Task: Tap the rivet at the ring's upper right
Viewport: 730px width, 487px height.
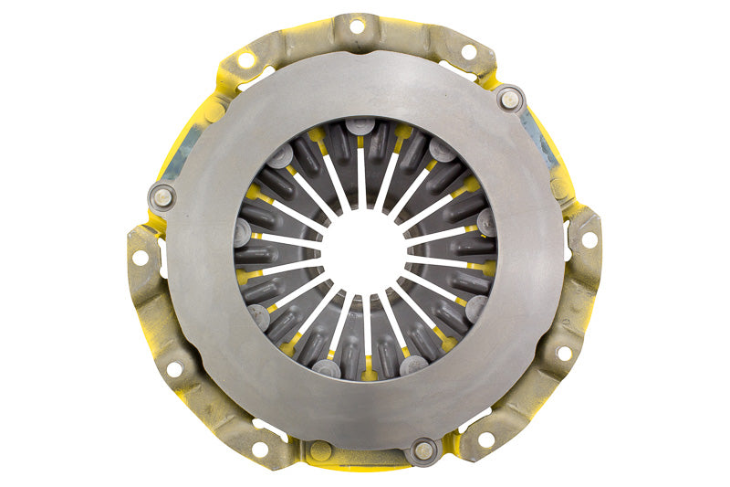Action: [509, 98]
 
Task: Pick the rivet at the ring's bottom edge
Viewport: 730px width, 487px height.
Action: [423, 449]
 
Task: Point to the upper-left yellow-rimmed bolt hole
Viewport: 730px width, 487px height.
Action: [246, 59]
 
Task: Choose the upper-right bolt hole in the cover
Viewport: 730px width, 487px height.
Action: [471, 52]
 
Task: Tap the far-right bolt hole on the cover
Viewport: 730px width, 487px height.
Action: [589, 239]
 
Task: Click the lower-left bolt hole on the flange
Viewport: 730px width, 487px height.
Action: [174, 369]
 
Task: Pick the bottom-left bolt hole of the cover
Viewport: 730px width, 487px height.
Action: [260, 449]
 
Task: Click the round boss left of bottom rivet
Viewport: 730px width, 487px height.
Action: [319, 450]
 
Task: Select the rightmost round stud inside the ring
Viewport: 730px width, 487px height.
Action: [486, 222]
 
